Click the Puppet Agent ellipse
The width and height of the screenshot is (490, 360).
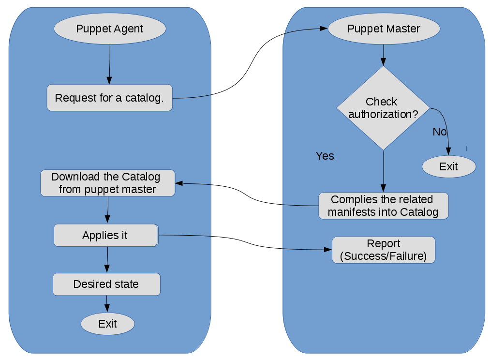[110, 29]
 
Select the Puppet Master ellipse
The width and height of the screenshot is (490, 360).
[384, 29]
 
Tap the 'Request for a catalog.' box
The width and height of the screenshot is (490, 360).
[109, 98]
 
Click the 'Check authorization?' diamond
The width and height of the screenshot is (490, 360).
[383, 107]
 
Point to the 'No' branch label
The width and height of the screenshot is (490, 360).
[439, 132]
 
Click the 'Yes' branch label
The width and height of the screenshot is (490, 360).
[325, 156]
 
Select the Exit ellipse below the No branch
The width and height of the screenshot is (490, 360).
[448, 166]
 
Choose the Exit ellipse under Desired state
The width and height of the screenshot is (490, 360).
[107, 324]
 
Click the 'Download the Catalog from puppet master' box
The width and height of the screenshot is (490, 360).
[107, 183]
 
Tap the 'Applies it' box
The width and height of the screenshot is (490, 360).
[105, 235]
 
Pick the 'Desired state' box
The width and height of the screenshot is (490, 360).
[106, 284]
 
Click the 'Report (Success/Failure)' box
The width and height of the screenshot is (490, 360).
[383, 250]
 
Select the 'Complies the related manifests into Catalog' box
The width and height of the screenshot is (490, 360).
[384, 206]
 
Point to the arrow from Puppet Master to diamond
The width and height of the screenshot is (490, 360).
[383, 55]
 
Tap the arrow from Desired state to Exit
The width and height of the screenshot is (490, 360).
[107, 304]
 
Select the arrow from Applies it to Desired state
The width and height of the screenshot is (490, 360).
[107, 259]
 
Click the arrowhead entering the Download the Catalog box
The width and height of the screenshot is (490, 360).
[179, 183]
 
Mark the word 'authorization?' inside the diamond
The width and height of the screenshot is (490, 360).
[383, 115]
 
